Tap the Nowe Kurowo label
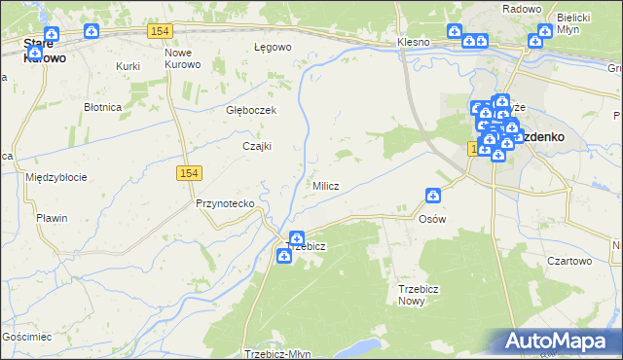click(183, 58)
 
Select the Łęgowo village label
click(273, 47)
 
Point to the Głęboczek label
click(251, 110)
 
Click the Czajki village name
click(256, 146)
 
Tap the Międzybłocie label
click(56, 177)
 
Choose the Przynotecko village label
click(225, 203)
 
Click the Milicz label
click(325, 186)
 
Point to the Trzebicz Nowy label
click(420, 295)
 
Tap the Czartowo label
click(569, 261)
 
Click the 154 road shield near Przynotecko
click(190, 172)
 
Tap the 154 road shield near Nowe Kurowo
click(161, 32)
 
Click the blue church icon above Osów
click(433, 196)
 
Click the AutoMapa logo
click(558, 340)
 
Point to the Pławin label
click(52, 218)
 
